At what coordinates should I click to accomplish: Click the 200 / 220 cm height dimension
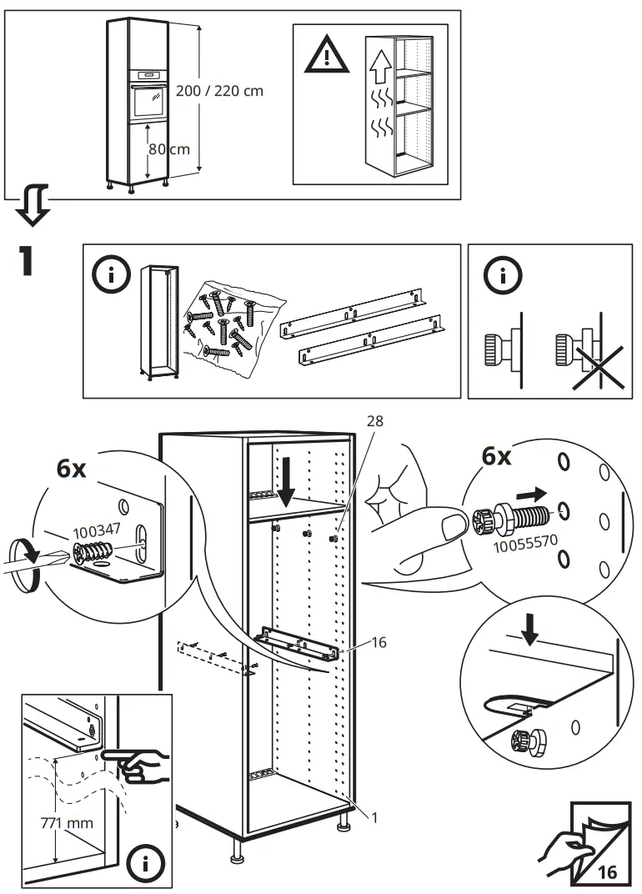(219, 91)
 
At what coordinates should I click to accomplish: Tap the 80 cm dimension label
(169, 149)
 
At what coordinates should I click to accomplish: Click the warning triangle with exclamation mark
(326, 54)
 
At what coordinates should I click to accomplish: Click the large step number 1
(25, 261)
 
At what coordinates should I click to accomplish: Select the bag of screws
(234, 325)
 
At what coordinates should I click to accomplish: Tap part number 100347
(97, 531)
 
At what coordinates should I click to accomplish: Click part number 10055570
(525, 542)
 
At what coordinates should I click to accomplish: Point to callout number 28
(374, 421)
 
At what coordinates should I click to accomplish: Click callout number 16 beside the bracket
(379, 642)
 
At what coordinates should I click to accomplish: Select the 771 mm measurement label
(67, 823)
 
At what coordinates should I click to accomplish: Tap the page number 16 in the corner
(607, 872)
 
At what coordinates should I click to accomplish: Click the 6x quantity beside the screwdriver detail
(71, 469)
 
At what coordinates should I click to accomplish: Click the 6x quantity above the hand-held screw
(497, 456)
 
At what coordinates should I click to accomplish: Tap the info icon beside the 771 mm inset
(145, 864)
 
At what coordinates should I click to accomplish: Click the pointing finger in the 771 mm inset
(136, 765)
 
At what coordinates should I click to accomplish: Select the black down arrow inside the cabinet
(286, 489)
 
